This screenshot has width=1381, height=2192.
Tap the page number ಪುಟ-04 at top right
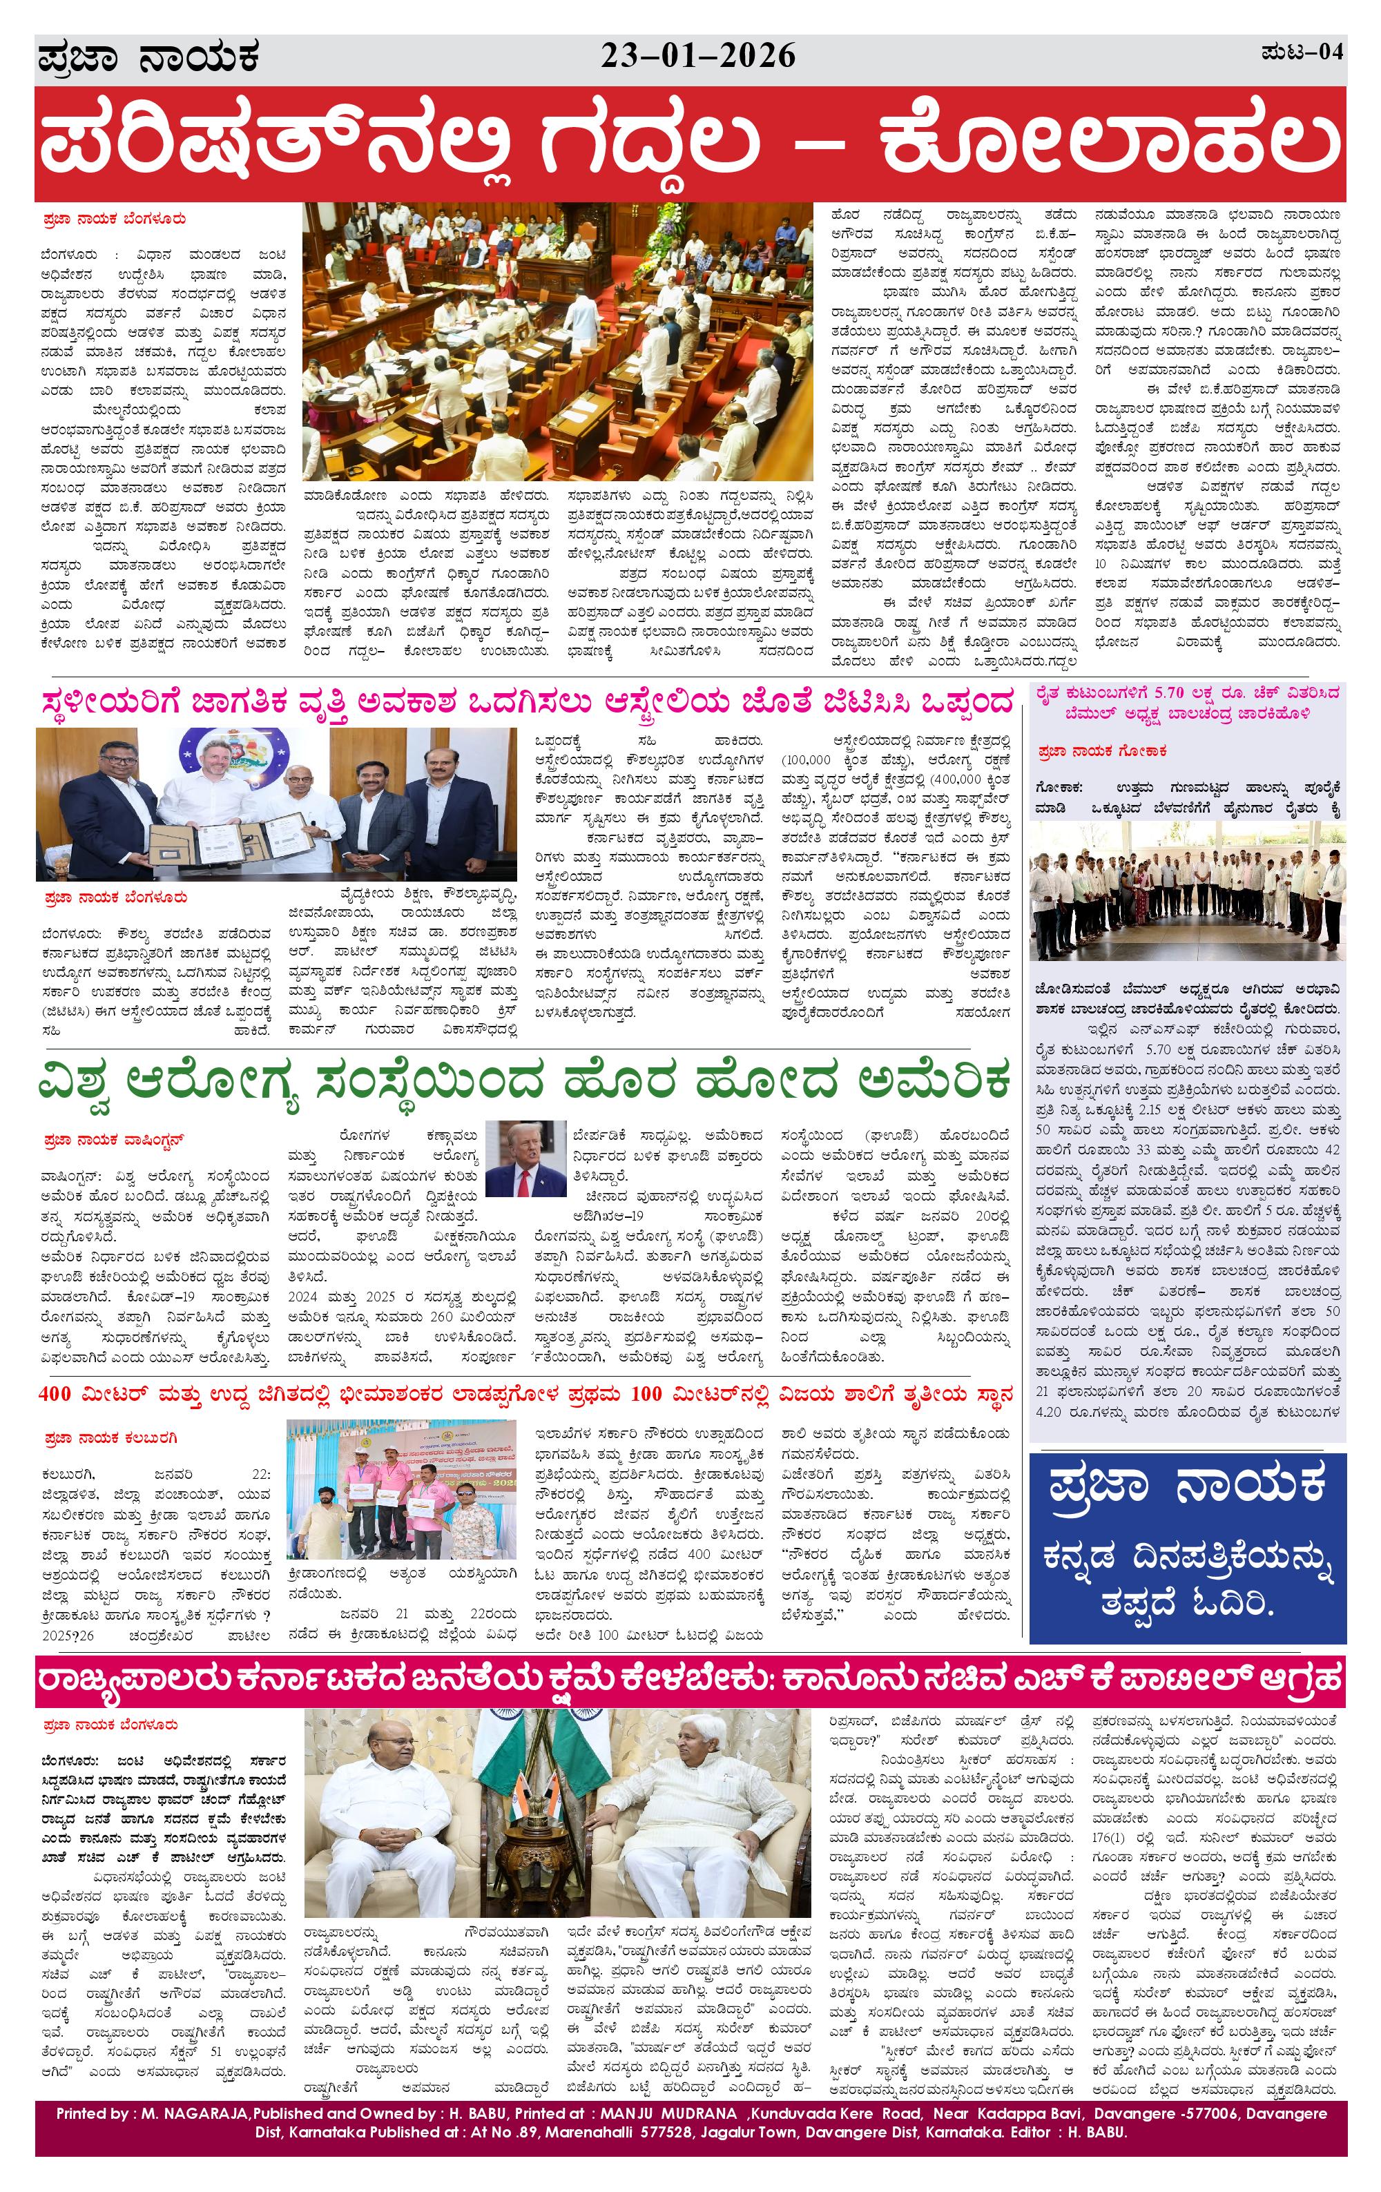[x=1302, y=52]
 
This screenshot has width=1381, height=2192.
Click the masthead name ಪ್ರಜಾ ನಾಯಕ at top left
[x=148, y=57]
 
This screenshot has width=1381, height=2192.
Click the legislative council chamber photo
[x=557, y=341]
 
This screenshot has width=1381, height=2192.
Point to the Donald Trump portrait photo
[x=525, y=1158]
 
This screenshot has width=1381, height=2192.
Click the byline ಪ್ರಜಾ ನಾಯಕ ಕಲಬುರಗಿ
[x=110, y=1438]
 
